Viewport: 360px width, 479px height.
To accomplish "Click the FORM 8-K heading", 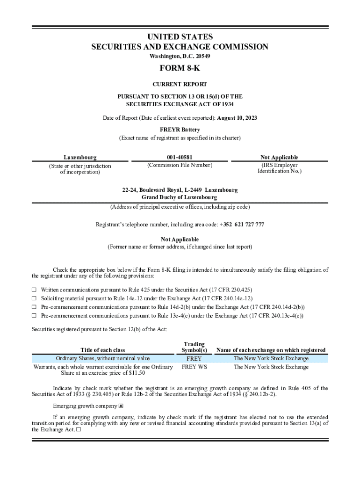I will click(x=180, y=69).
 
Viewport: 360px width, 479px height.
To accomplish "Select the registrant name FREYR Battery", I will click(x=180, y=130).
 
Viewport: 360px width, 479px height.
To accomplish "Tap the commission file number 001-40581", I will click(x=180, y=158).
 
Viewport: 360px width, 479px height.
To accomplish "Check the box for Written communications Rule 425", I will click(x=34, y=290).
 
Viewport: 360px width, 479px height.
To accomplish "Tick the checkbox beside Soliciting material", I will click(x=34, y=298).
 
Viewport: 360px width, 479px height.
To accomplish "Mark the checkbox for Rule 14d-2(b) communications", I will click(x=34, y=307).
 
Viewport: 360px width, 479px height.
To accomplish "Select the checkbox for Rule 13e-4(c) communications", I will click(x=34, y=315).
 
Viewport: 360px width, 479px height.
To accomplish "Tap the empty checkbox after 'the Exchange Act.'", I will click(x=78, y=429).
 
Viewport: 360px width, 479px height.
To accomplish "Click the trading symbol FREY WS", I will click(x=194, y=367).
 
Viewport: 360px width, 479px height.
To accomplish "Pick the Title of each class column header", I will click(x=103, y=350).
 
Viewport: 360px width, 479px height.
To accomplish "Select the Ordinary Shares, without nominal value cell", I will click(x=103, y=359).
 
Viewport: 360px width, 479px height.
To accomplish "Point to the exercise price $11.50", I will click(x=135, y=373).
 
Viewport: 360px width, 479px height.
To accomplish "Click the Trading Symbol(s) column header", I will click(x=194, y=347).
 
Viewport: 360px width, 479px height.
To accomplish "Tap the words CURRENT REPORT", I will click(x=180, y=85).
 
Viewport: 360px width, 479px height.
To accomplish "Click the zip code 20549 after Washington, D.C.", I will click(x=202, y=57).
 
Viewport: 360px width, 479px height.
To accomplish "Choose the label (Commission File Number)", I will click(x=180, y=165).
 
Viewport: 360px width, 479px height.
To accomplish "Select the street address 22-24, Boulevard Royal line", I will click(x=180, y=190).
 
